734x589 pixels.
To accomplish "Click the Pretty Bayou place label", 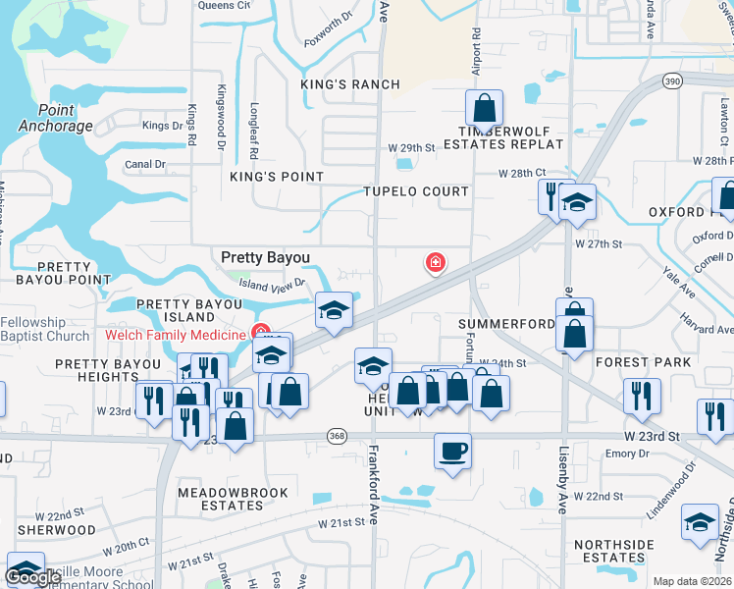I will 265,257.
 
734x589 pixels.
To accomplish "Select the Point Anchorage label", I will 54,118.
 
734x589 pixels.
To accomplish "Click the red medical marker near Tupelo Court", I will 434,262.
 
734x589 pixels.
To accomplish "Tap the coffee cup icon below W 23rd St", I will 452,452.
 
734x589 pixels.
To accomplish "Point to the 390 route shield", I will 671,80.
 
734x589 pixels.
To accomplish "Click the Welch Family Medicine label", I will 174,336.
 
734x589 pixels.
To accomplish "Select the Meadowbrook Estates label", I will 233,499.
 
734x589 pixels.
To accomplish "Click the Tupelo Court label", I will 416,191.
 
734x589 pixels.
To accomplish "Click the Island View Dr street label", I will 273,286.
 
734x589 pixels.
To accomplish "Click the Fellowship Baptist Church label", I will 45,330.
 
